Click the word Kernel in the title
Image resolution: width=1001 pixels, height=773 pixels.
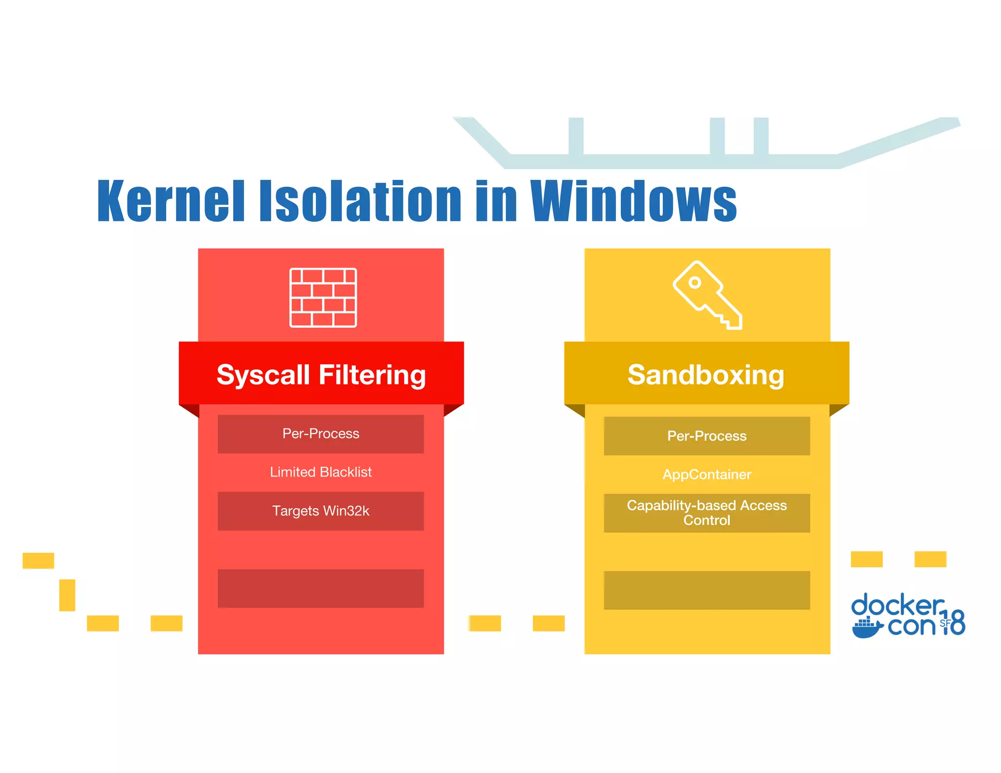coord(171,201)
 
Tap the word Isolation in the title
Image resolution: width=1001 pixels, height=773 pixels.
coord(360,201)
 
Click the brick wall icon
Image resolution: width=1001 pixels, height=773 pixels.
coord(323,298)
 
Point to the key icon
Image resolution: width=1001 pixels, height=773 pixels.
coord(707,295)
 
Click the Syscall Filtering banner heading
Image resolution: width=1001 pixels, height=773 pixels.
coord(321,375)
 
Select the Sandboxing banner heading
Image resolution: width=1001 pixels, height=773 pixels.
coord(706,375)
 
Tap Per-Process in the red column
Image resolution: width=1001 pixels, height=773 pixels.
coord(321,434)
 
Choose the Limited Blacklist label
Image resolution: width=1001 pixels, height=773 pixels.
coord(321,472)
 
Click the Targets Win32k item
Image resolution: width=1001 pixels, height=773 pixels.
coord(321,511)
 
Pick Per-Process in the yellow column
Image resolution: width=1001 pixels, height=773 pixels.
coord(707,436)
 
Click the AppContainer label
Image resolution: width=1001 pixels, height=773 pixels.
coord(707,474)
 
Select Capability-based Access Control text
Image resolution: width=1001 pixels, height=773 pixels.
coord(707,513)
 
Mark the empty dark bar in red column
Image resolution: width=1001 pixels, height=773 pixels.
coord(321,588)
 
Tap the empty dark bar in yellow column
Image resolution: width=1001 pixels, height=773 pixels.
coord(707,590)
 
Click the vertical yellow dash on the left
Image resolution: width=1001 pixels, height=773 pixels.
coord(67,595)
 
